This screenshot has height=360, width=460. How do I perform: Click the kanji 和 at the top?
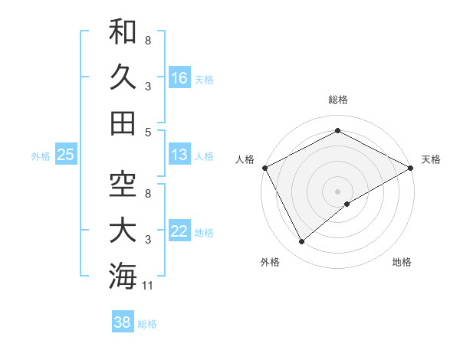pos(123,31)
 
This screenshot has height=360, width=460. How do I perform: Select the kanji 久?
pos(123,77)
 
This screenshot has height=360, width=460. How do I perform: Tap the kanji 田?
pos(123,123)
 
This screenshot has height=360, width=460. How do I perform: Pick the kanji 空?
pos(123,185)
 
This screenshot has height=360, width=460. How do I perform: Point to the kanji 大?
pos(123,231)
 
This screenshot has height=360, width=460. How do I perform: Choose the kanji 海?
pos(123,277)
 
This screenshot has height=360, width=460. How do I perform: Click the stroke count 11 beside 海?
pos(148,286)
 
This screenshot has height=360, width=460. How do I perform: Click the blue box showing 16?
pos(179,77)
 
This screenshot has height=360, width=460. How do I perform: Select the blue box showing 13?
pos(179,155)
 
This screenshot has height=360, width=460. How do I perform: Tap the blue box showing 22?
pos(179,231)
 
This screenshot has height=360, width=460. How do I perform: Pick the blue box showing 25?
pos(65,155)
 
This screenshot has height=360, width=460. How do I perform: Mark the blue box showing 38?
pos(123,322)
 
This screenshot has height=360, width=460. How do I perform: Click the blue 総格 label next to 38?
pos(147,324)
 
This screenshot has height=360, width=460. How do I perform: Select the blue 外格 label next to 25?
pos(41,156)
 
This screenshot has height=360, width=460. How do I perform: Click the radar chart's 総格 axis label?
pos(338,100)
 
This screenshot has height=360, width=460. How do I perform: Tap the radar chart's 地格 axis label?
pos(402,262)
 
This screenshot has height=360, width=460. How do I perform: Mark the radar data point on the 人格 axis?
pos(264,167)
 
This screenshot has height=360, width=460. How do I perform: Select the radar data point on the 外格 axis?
pos(301,242)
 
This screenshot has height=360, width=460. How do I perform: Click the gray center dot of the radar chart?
pos(338,191)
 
